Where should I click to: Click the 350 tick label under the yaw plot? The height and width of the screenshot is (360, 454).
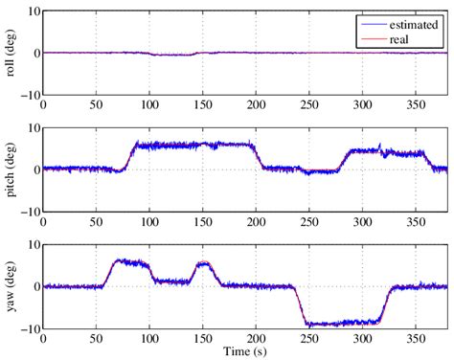click(416, 338)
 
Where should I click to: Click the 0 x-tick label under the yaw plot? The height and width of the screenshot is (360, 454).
click(43, 338)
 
